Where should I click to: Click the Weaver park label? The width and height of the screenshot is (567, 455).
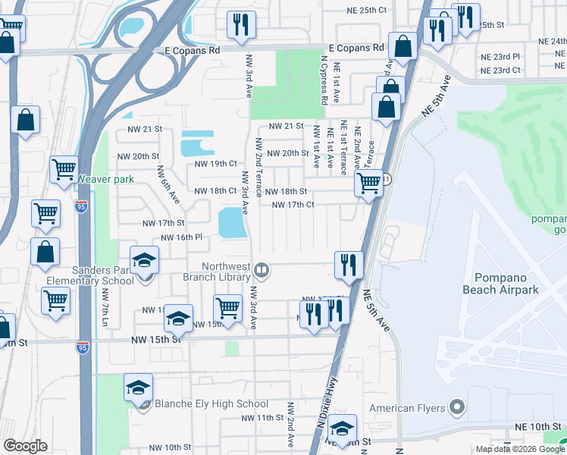tap(105, 180)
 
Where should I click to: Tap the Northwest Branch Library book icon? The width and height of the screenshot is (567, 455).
tap(262, 269)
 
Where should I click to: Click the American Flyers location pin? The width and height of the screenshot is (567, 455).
tap(456, 408)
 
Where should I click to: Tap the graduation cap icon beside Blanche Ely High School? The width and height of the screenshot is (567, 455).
tap(138, 389)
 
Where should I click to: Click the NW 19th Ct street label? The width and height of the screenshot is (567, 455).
tap(216, 163)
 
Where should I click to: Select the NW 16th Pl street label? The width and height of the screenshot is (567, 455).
tap(181, 237)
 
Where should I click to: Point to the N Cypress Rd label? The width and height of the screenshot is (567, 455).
tap(324, 80)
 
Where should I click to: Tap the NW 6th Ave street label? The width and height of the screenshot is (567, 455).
tap(168, 186)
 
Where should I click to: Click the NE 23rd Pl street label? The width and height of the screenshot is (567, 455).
tap(500, 57)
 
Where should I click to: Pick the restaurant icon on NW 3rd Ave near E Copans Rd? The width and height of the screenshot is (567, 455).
tap(241, 24)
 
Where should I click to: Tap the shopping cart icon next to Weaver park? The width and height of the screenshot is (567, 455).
tap(64, 170)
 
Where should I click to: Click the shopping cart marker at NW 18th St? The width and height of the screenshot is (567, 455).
tap(368, 184)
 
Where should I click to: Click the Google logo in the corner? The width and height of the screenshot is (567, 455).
tap(25, 446)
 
